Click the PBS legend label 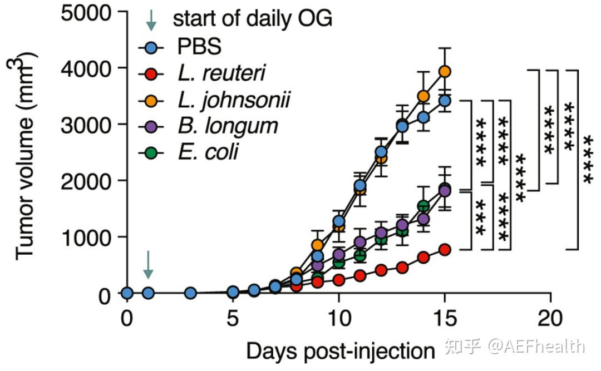[199, 47]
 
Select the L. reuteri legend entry [222, 73]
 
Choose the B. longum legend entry [228, 126]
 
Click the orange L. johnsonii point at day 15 [445, 71]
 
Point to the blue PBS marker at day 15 [445, 101]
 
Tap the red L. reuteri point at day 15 [445, 249]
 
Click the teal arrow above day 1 [148, 265]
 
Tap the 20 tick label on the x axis [550, 318]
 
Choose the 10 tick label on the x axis [339, 318]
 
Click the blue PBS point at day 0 [127, 293]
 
